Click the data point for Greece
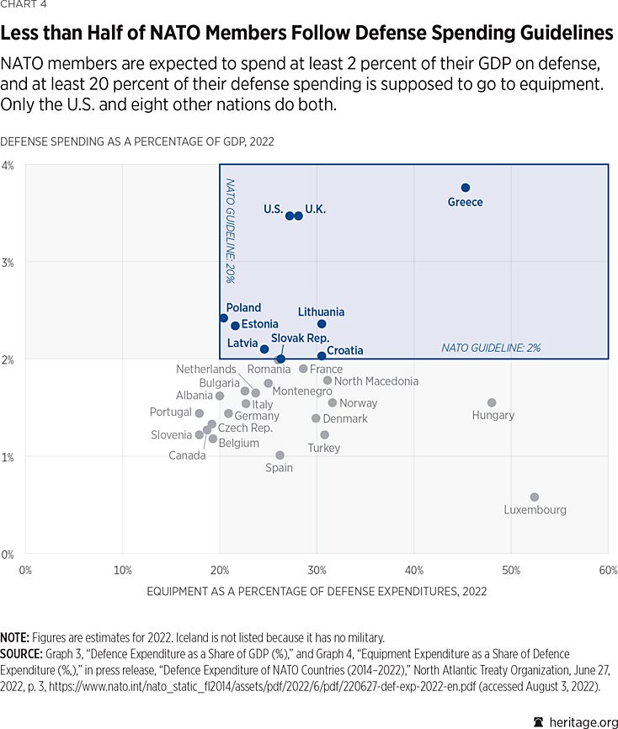[465, 188]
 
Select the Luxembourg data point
[534, 498]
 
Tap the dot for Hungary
[492, 403]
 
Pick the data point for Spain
[280, 455]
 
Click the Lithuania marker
[321, 324]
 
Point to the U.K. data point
[298, 216]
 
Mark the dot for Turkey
[324, 435]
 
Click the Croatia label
[345, 350]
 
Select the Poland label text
[243, 308]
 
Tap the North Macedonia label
[376, 381]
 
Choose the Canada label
[187, 455]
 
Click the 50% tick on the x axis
[511, 570]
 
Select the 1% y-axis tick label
[8, 457]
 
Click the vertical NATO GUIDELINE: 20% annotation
[230, 229]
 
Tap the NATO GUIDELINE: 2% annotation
[491, 347]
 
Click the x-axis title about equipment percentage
[317, 591]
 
